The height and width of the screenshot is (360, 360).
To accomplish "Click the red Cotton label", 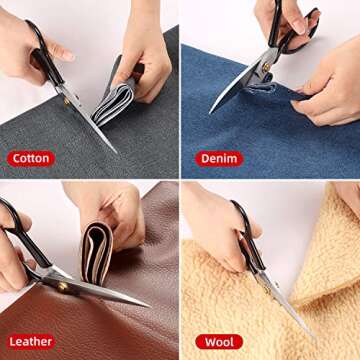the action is pos(31,159).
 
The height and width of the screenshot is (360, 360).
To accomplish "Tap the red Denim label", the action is pos(219,159).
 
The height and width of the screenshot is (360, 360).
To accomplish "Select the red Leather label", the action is pos(31,342).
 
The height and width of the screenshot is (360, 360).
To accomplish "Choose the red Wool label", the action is pos(219,342).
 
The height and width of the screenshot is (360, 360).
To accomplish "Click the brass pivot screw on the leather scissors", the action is pos(62,287).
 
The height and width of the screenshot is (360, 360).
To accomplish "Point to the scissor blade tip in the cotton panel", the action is pos(117,153).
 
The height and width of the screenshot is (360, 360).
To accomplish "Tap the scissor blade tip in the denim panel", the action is pos(210,113).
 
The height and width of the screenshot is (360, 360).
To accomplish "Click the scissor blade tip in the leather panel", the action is pos(149,306).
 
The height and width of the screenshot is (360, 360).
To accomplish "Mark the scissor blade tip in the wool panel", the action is pos(313,337).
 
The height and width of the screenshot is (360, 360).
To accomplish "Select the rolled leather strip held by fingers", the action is pos(97,252).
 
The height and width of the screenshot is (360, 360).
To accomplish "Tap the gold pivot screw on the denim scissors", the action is pos(266,66).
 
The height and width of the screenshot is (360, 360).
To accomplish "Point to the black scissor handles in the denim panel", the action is pos(290,28).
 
